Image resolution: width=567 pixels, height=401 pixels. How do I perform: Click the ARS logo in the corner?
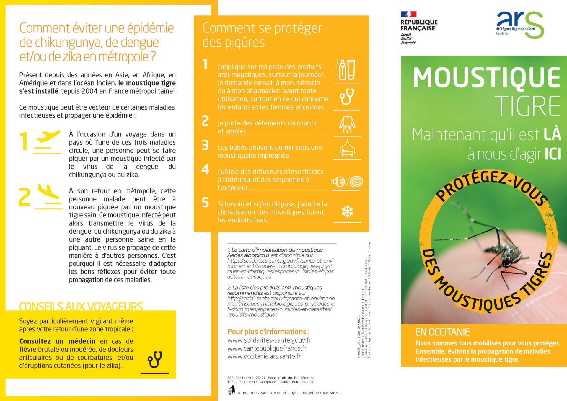coord(520,25)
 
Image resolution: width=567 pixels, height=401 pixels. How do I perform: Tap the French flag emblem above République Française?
coord(408,14)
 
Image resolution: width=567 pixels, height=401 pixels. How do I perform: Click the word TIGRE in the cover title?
coord(527,106)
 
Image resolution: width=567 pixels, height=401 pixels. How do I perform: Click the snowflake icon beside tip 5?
coord(347,211)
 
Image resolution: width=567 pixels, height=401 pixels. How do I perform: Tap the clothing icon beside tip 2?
coord(347,124)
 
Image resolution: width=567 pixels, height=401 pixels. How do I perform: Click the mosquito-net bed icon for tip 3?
coord(347,148)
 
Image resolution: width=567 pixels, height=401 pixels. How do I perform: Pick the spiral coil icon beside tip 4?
coord(356,181)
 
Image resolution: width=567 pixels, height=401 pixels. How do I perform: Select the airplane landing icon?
coord(49,193)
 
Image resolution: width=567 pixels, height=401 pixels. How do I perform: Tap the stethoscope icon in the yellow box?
coord(155,359)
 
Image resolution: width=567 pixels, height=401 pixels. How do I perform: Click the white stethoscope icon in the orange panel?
coord(347,96)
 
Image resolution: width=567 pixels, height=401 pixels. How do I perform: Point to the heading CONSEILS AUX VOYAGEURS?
coord(81,307)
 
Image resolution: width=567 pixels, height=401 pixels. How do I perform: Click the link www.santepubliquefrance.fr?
coord(267,348)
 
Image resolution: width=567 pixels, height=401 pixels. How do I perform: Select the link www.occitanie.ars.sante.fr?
coord(264,356)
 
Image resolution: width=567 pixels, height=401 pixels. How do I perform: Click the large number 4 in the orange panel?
coord(205,169)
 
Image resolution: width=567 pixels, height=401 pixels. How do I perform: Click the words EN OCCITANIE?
coord(442,332)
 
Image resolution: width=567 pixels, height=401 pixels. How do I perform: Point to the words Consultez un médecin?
coord(57,341)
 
